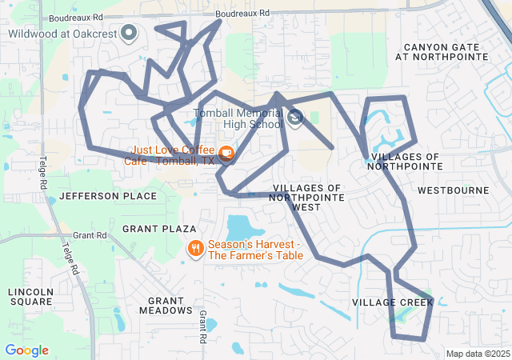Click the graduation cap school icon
pyautogui.click(x=295, y=119)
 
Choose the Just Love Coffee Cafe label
pyautogui.click(x=169, y=154)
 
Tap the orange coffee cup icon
pyautogui.click(x=226, y=153)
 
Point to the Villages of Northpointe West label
pyautogui.click(x=307, y=197)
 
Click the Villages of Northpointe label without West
pyautogui.click(x=406, y=161)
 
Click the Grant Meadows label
pyautogui.click(x=166, y=305)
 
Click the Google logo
pyautogui.click(x=26, y=350)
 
